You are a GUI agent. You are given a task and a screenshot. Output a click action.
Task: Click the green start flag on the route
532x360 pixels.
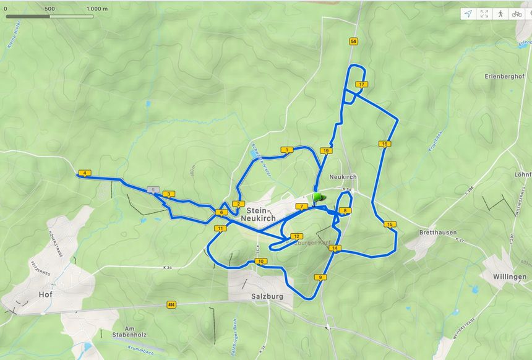coord(318,197)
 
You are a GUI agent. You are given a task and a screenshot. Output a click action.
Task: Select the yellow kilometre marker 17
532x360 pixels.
coord(361,84)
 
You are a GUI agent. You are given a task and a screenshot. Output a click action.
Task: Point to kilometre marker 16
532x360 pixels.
coord(385,144)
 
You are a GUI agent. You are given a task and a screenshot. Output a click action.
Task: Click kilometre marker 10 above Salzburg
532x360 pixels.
coord(261,262)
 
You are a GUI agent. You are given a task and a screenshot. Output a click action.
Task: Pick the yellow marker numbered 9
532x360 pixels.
coord(320,277)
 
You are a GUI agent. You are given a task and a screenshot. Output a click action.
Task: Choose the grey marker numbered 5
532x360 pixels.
coord(153,189)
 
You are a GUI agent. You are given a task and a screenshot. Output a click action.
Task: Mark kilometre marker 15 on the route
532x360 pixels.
coord(389,225)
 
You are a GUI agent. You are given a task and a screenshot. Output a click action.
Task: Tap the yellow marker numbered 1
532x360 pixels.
coord(286,150)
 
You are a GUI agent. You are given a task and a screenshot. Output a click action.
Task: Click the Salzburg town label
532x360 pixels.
coord(267,296)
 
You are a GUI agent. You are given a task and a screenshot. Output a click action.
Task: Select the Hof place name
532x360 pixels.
coord(45,294)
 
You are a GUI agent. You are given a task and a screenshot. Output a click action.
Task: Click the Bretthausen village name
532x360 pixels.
coord(438,233)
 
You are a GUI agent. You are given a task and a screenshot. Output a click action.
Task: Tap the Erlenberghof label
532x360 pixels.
coord(505,76)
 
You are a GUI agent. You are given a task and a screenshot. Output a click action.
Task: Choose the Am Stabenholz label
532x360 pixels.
coord(138,332)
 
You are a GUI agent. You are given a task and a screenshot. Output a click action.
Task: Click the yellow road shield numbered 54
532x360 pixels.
coord(353,41)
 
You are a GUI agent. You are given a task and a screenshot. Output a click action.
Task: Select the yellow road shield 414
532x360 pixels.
coord(171,305)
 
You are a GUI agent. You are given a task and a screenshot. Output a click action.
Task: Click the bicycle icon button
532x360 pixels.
coord(517,14)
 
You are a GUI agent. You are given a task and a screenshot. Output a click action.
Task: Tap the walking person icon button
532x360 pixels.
coord(500,14)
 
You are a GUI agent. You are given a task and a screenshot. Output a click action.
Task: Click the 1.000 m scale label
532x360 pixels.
coord(97,9)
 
